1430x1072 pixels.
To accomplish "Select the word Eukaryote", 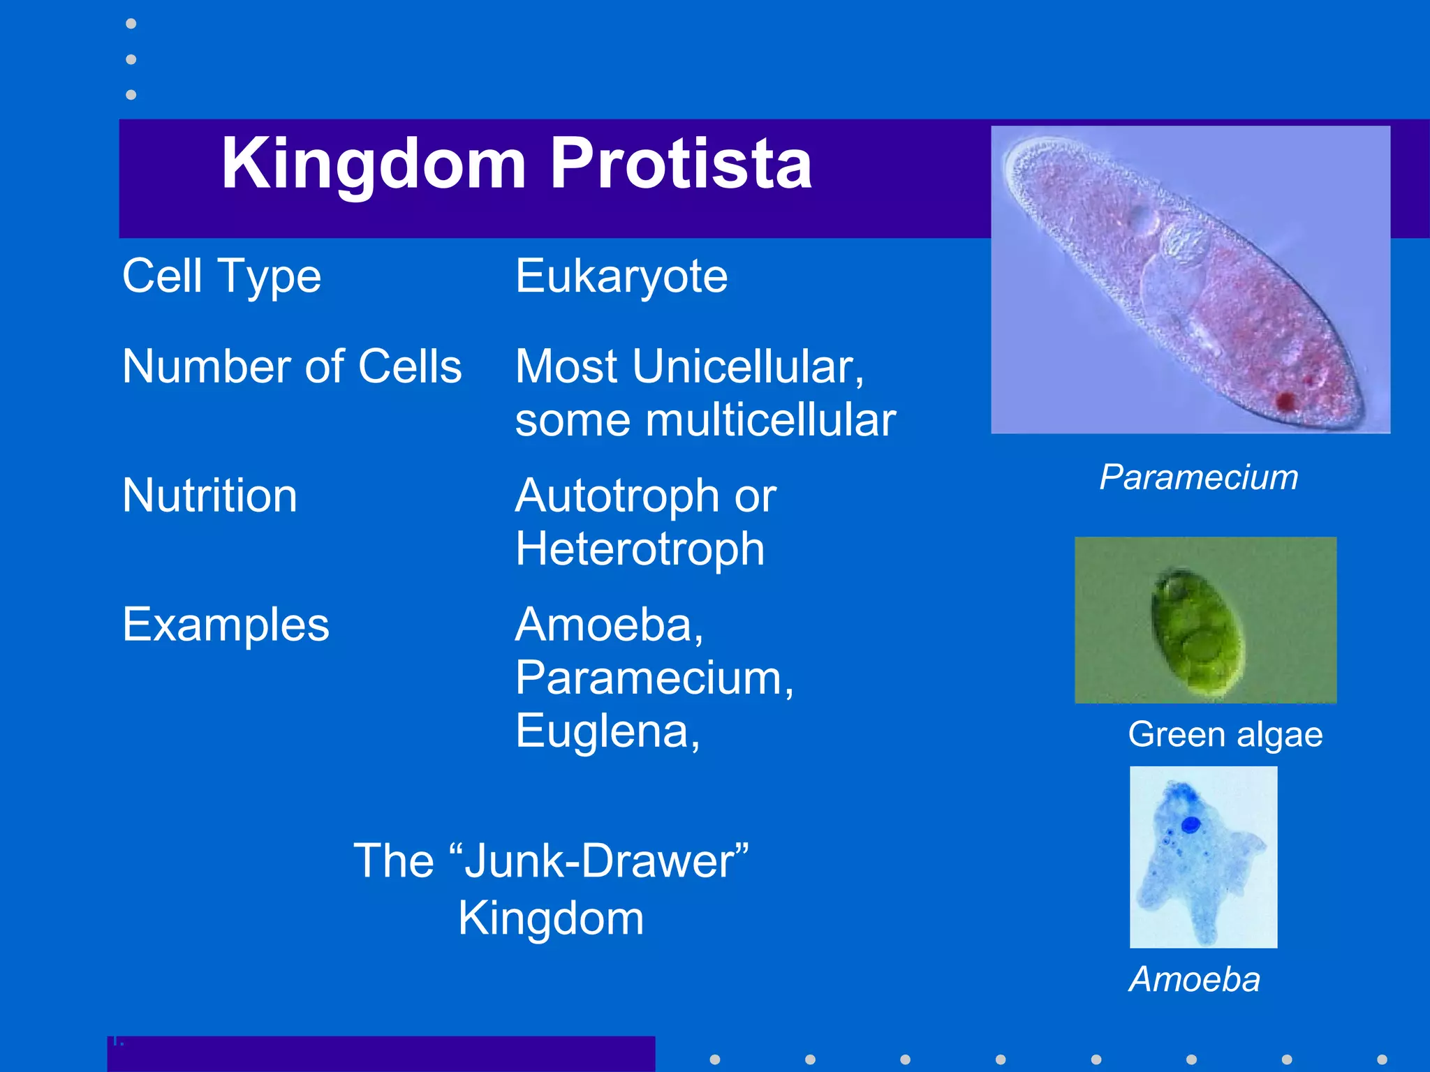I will coord(621,276).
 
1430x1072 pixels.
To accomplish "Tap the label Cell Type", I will coord(221,276).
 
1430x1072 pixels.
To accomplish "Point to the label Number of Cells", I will coord(292,366).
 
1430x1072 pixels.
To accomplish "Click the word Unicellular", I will coord(747,366).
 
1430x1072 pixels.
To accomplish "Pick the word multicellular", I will coord(770,421).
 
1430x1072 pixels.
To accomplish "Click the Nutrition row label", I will coord(209,496).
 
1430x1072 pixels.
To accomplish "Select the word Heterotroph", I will coord(640,549).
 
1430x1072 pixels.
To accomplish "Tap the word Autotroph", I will coord(617,496).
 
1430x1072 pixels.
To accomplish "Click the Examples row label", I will coord(226,625).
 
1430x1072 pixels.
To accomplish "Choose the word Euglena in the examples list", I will coord(605,731).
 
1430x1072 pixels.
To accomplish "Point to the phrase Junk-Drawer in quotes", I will coord(599,861).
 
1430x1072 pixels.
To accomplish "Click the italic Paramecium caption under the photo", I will coord(1198,477).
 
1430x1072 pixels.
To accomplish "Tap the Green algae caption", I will coord(1225,735).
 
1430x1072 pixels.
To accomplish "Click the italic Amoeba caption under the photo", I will coord(1195,979).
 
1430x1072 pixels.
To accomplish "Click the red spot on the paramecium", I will coord(1285,401).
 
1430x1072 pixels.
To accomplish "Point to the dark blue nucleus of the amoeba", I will coord(1191,825).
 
